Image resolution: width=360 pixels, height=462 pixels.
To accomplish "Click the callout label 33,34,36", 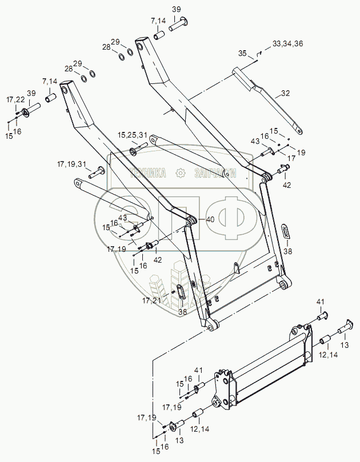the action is click(288, 43).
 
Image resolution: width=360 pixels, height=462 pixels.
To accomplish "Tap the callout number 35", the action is click(242, 54).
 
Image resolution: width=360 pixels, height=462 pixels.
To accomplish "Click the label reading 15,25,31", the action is click(133, 135).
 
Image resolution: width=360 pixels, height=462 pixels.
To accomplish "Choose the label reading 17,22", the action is click(15, 100).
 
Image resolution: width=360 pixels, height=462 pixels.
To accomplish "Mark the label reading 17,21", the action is click(151, 300).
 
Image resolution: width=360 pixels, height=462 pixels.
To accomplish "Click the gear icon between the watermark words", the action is click(181, 173).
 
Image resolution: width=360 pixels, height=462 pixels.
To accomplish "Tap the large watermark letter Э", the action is click(120, 215).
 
